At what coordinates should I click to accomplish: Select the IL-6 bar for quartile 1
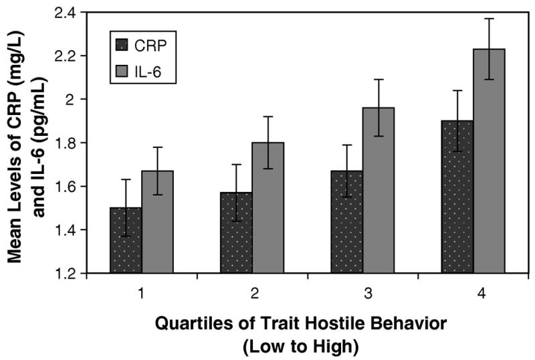pos(157,222)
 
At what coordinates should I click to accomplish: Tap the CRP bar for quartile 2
pos(236,233)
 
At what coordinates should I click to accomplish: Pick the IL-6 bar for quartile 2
pos(268,208)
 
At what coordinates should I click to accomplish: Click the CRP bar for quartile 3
pos(346,222)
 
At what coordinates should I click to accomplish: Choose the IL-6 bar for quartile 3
pos(379,191)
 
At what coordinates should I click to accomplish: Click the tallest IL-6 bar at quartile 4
pos(490,161)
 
